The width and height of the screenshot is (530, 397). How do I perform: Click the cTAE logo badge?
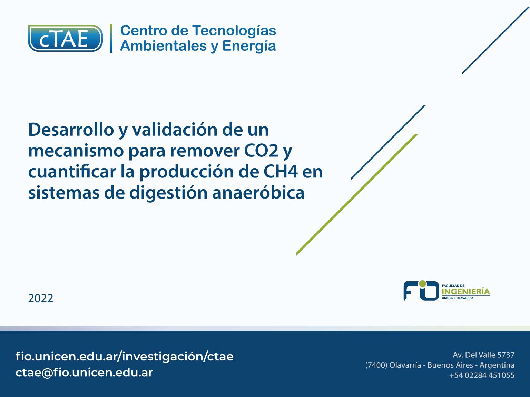(65, 38)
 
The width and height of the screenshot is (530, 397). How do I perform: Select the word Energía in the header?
(249, 46)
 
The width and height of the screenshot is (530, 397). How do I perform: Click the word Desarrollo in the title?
(71, 130)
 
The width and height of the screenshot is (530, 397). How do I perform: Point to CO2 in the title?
(261, 151)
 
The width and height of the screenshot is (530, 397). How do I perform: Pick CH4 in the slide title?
(280, 172)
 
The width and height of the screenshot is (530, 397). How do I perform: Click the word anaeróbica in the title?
(258, 193)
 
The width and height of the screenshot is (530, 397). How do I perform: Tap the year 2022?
(41, 298)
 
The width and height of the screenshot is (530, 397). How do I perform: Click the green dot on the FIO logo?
(422, 284)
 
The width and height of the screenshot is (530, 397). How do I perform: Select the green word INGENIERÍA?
(466, 292)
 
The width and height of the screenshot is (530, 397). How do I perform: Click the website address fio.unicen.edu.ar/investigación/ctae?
(124, 356)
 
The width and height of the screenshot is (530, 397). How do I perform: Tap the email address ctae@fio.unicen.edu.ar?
(84, 373)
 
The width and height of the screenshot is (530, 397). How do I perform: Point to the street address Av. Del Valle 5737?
(483, 355)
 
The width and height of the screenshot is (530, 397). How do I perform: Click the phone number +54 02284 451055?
(482, 375)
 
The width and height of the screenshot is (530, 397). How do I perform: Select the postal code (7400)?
(376, 365)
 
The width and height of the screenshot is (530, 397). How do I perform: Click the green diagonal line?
(357, 194)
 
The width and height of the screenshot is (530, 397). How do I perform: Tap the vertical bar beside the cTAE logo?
(111, 38)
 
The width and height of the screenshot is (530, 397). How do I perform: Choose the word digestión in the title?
(168, 193)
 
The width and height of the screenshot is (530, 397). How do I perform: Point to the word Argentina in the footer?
(497, 365)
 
